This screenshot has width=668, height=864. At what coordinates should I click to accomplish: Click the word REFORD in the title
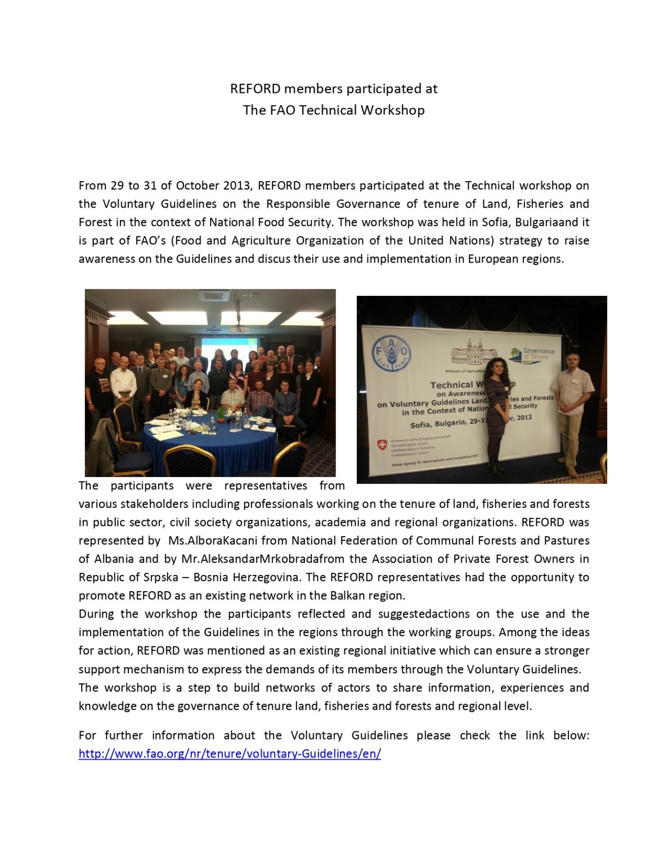(x=255, y=89)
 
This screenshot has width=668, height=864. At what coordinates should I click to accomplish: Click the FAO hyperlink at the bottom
(x=230, y=754)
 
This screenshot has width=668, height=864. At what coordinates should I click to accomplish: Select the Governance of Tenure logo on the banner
(x=532, y=354)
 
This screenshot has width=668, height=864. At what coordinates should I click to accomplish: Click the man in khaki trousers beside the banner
(x=572, y=411)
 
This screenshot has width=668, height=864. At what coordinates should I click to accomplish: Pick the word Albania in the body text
(x=106, y=559)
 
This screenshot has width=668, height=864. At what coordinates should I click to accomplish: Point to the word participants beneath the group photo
(x=142, y=486)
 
